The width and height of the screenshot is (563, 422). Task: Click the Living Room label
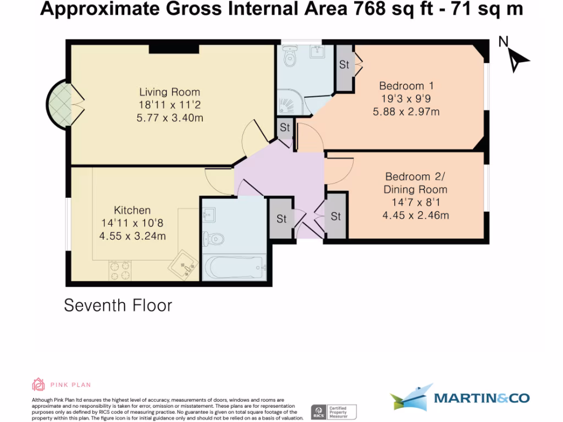169,92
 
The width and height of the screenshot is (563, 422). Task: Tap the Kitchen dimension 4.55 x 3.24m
133,236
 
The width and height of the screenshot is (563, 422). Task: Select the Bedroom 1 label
406,86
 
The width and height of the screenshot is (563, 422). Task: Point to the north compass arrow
516,58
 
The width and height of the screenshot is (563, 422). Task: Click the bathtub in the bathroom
235,268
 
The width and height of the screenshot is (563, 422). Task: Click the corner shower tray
291,101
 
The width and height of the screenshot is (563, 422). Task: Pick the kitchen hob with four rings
120,270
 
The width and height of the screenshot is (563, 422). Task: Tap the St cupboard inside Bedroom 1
344,65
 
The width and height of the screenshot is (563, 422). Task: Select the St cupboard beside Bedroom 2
336,216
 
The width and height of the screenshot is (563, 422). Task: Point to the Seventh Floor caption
118,305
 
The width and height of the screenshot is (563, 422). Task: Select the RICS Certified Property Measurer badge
334,412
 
